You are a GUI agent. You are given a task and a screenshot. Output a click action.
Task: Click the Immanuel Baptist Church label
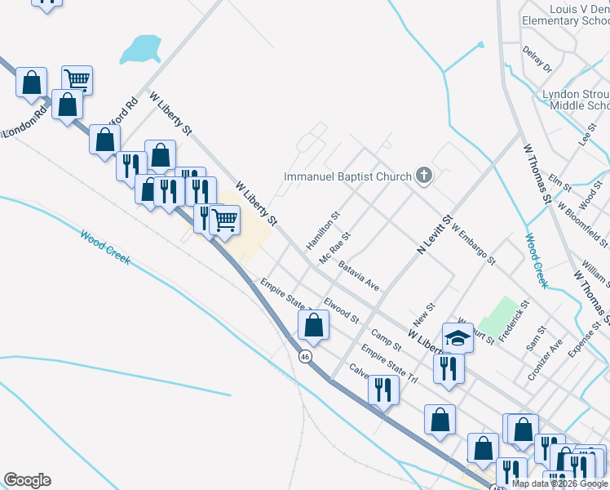click(x=347, y=176)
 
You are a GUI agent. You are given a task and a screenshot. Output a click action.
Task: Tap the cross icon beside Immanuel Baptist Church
click(x=423, y=175)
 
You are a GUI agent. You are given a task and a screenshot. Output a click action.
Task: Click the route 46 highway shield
click(x=304, y=357)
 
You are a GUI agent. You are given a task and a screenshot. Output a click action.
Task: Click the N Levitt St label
click(x=434, y=235)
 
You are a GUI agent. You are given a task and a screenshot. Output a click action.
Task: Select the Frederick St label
click(x=514, y=321)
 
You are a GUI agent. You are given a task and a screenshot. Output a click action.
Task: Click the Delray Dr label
click(x=537, y=59)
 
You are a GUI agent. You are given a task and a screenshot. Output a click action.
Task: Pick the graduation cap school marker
click(x=457, y=338)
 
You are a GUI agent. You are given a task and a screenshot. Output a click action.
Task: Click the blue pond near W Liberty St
click(x=141, y=49)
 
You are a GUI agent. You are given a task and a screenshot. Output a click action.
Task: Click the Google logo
click(x=27, y=480)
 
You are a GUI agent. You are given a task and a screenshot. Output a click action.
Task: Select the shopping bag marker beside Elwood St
click(x=313, y=325)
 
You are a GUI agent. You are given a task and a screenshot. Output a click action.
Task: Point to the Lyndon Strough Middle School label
click(x=576, y=100)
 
